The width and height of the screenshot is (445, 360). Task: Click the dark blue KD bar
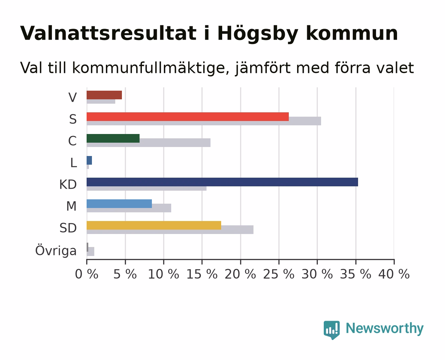pyautogui.click(x=222, y=182)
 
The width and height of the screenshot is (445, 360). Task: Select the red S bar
pyautogui.click(x=188, y=117)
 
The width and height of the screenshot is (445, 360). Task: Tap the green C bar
pyautogui.click(x=113, y=138)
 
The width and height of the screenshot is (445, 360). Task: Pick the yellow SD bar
pyautogui.click(x=154, y=225)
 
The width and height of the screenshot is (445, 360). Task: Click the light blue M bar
pyautogui.click(x=119, y=204)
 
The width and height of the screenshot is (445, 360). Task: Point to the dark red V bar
pyautogui.click(x=104, y=95)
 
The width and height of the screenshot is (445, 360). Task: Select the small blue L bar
pyautogui.click(x=89, y=160)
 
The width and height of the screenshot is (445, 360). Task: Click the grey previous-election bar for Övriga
pyautogui.click(x=91, y=251)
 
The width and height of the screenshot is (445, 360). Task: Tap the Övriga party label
pyautogui.click(x=56, y=250)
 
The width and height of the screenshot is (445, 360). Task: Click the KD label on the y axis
pyautogui.click(x=68, y=184)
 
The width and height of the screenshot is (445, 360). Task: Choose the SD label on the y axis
pyautogui.click(x=68, y=228)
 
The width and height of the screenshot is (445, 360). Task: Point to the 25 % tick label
pyautogui.click(x=279, y=274)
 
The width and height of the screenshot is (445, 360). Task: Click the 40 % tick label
pyautogui.click(x=394, y=274)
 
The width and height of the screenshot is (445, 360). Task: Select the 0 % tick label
pyautogui.click(x=87, y=274)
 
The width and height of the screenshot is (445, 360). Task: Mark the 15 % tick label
pyautogui.click(x=202, y=274)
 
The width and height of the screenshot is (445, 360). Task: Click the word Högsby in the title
pyautogui.click(x=258, y=34)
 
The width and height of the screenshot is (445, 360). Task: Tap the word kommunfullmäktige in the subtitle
pyautogui.click(x=151, y=68)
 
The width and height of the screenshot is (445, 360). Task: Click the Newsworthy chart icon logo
pyautogui.click(x=331, y=330)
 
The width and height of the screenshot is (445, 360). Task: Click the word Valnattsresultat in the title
pyautogui.click(x=108, y=33)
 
